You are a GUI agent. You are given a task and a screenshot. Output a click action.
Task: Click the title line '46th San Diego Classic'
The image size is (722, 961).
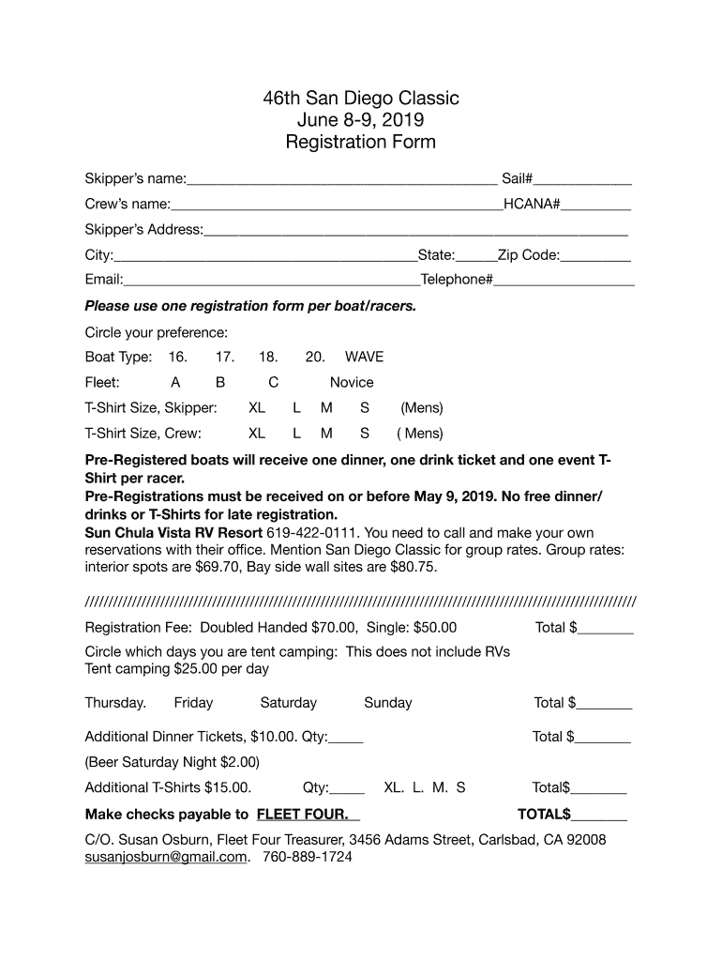coord(360,99)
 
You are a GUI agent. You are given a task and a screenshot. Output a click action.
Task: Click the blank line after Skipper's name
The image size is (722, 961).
coord(341,179)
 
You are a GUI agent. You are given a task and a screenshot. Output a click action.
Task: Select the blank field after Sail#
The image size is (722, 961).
coord(582,179)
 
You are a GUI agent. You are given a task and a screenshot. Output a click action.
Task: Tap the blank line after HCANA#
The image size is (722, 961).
coord(595,205)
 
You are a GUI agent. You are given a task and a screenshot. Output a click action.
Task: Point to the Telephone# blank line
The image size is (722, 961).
coord(564,281)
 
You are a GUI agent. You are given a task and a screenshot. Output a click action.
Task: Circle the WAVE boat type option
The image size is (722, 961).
coord(364,357)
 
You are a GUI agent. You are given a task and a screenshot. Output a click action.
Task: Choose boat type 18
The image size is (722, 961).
coord(268,357)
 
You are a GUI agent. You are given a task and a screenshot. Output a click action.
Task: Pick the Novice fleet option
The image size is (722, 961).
coord(352,382)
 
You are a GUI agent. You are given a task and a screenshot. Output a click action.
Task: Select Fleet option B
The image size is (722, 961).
coord(220,382)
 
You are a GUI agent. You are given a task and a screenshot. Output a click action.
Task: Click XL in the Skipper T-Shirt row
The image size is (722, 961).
coord(257,408)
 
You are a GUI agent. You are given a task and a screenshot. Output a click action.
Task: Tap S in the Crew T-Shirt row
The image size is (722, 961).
coord(365,434)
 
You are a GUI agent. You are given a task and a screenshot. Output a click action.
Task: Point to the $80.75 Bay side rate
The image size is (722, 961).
coord(414,567)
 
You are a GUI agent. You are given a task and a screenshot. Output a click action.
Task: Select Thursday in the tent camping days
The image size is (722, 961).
coord(115,703)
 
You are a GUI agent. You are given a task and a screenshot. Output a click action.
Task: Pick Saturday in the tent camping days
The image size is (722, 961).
coord(288,703)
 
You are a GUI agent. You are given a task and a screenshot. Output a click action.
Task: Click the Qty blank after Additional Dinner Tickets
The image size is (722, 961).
coord(346,738)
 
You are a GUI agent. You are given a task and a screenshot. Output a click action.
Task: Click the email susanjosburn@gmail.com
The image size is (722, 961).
coord(166,857)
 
